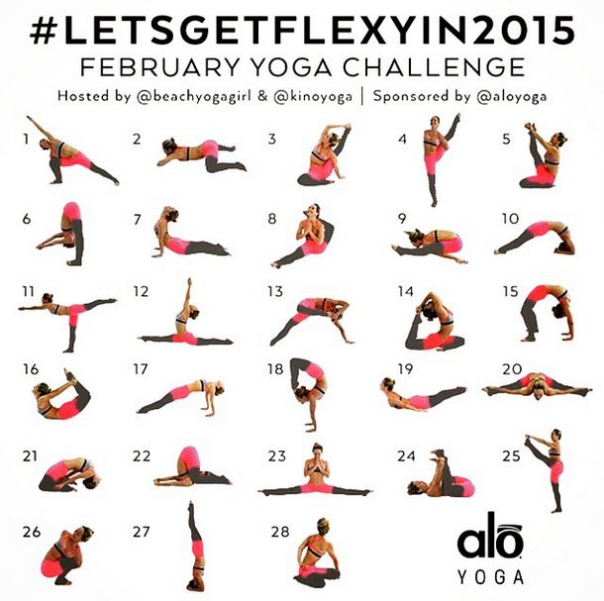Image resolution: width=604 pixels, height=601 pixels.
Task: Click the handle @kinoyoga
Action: [313, 97]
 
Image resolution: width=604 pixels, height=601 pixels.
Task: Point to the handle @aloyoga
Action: [512, 97]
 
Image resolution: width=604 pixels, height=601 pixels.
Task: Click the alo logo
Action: [489, 537]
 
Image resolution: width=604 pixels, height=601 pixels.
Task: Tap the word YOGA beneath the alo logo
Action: [490, 577]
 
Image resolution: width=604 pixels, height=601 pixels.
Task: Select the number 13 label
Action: [275, 292]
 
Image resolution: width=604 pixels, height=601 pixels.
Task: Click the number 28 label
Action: [280, 532]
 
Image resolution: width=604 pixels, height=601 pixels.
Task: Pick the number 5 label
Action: [507, 139]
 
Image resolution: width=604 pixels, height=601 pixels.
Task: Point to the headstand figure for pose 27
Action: [195, 547]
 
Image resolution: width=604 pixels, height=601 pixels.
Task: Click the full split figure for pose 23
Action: [315, 470]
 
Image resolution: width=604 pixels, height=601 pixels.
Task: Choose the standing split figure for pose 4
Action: [439, 159]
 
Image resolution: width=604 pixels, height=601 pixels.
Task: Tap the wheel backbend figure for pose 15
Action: [547, 313]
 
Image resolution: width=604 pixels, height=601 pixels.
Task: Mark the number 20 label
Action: [512, 369]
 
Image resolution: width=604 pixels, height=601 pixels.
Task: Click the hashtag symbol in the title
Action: [44, 31]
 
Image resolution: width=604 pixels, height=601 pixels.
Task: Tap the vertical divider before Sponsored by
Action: [362, 97]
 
